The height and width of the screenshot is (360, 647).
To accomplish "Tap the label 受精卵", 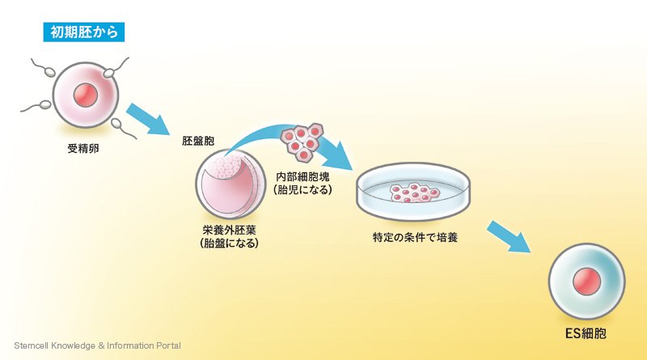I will point(84,150).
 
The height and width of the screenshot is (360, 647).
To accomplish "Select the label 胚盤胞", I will point(198,141).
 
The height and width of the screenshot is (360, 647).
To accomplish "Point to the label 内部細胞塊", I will point(302,176).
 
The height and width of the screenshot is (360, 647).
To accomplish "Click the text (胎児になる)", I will point(302,190).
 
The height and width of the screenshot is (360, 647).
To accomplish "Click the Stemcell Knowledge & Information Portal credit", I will point(97,345).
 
